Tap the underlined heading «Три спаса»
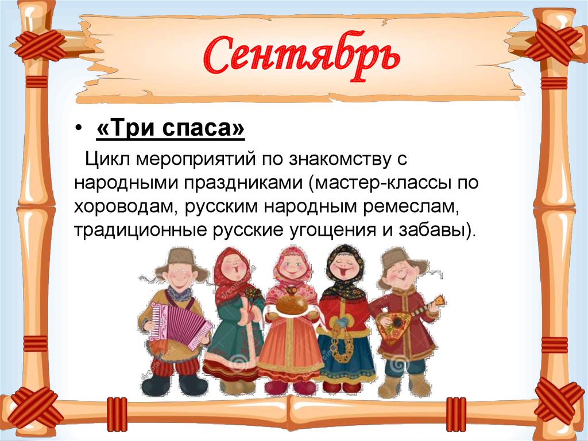[170, 130]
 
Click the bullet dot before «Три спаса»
[78, 131]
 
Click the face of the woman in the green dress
[234, 267]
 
